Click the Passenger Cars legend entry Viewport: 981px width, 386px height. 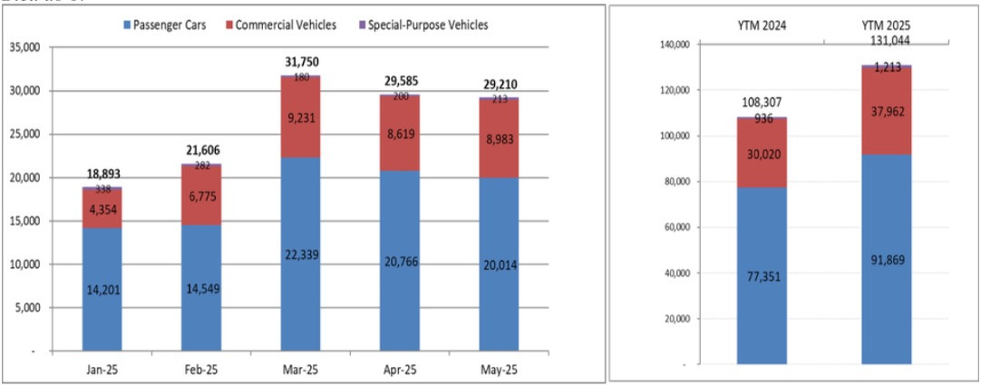tap(168, 25)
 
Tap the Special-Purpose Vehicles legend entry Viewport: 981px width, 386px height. tap(423, 25)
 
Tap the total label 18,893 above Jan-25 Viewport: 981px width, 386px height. tap(102, 173)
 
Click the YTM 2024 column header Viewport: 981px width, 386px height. tap(762, 25)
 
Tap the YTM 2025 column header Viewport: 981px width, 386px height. tap(886, 25)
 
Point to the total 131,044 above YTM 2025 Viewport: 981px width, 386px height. tap(886, 40)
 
